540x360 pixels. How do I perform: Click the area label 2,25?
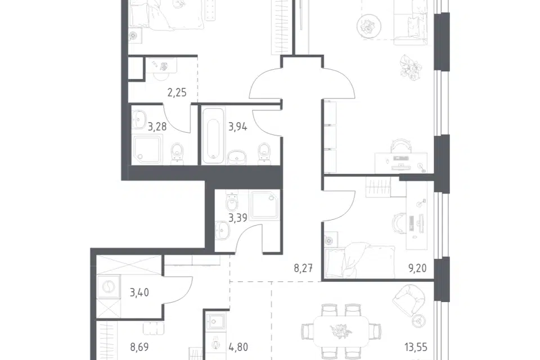(177, 93)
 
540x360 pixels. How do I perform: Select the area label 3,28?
(157, 127)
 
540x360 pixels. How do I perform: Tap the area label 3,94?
(237, 127)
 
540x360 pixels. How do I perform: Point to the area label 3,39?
(237, 218)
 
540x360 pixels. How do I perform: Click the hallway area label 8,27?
(303, 268)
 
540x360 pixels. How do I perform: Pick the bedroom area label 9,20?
(417, 268)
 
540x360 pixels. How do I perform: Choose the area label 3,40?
(139, 292)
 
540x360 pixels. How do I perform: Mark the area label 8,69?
(139, 347)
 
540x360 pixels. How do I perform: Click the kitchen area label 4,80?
(238, 347)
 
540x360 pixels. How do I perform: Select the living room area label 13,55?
(416, 347)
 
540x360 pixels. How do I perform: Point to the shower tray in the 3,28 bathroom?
(147, 149)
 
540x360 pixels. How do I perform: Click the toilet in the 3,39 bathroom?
(232, 201)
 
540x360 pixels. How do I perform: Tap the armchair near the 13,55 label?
(409, 300)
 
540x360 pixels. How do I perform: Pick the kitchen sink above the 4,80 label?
(216, 322)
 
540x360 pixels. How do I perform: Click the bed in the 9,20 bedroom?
(360, 260)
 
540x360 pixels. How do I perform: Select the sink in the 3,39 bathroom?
(223, 230)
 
